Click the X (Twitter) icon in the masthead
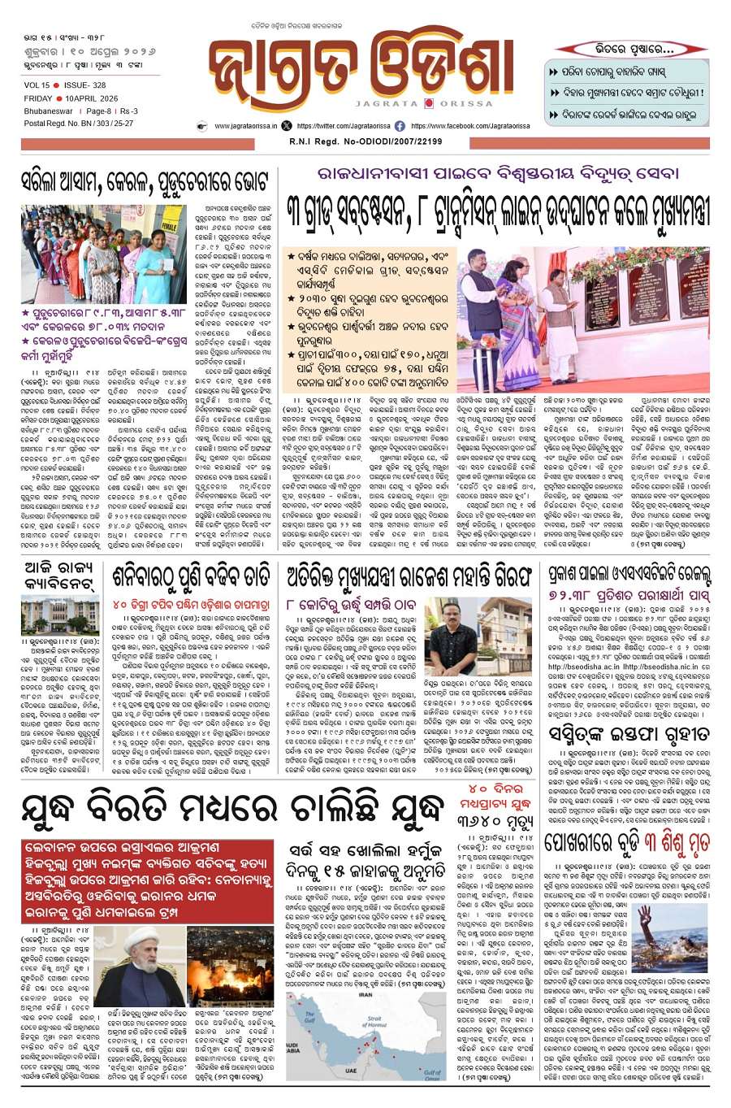coord(286,126)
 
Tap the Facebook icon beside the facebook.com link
coord(400,126)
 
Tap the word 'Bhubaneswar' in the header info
coord(48,111)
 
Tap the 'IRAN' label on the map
coord(365,995)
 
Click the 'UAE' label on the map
coord(350,1071)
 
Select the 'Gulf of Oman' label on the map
coord(432,1075)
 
